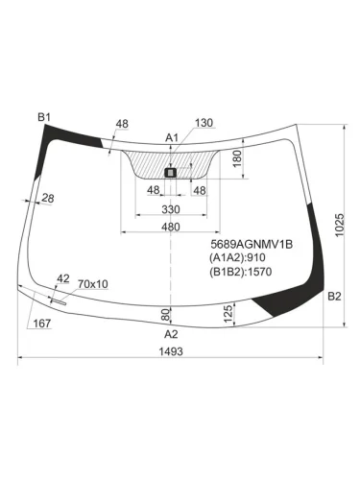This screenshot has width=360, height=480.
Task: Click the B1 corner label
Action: click(x=44, y=117)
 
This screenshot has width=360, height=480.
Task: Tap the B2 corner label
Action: click(x=334, y=297)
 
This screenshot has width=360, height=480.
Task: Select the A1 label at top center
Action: click(x=172, y=138)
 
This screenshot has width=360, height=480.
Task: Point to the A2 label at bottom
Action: click(x=171, y=334)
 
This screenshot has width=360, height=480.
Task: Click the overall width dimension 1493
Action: click(x=171, y=351)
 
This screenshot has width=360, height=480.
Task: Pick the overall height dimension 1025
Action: click(x=340, y=225)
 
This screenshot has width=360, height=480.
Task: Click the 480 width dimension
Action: click(x=171, y=227)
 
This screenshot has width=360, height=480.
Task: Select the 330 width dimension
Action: click(x=171, y=209)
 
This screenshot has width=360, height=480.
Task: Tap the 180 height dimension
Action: click(x=237, y=158)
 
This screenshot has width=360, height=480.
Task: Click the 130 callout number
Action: click(x=204, y=123)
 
